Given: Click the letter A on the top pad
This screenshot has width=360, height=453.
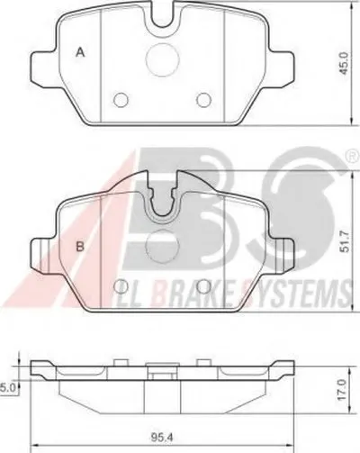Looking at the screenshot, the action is coord(80,52).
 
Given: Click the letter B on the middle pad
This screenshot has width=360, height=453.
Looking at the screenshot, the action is coord(80,247).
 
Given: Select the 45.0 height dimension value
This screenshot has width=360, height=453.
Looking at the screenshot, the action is coord(343,63).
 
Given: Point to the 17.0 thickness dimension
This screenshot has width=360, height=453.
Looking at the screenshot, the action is coord(342,390).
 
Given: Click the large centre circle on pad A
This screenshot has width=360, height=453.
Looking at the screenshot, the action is coord(162,59).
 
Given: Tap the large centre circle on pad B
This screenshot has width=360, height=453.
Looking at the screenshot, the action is coord(162,246).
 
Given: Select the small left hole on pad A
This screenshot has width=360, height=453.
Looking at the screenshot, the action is coord(121,99).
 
